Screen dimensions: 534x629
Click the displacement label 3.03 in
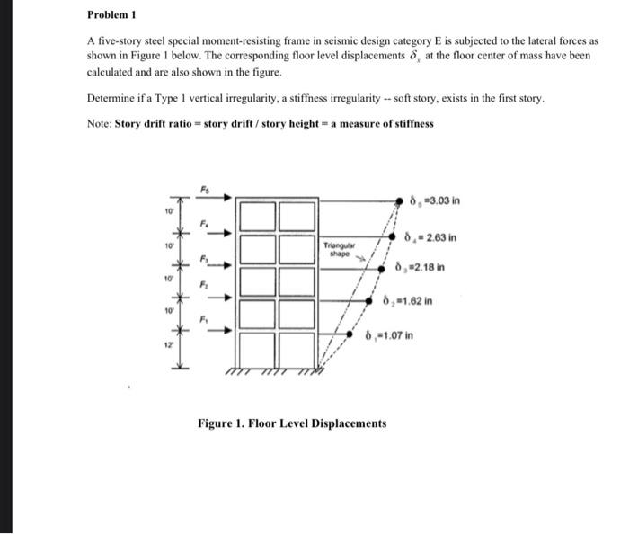pyautogui.click(x=434, y=200)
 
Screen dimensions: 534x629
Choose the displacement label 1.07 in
pyautogui.click(x=389, y=336)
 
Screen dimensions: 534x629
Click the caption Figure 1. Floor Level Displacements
pyautogui.click(x=293, y=423)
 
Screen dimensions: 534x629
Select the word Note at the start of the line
pyautogui.click(x=99, y=123)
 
